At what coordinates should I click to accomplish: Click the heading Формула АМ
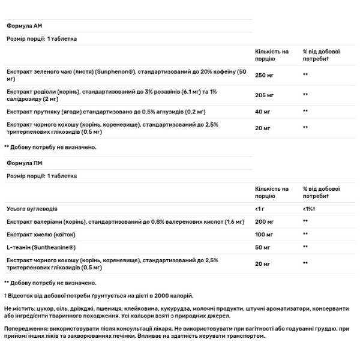tap(23, 26)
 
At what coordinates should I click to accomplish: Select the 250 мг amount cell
tap(265, 74)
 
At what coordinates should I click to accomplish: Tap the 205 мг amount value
tap(265, 95)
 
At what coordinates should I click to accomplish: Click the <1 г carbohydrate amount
tap(260, 209)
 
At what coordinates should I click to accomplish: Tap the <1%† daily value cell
tap(311, 209)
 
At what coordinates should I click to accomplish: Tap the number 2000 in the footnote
tap(155, 295)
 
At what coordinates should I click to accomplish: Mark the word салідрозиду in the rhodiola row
tap(24, 98)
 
